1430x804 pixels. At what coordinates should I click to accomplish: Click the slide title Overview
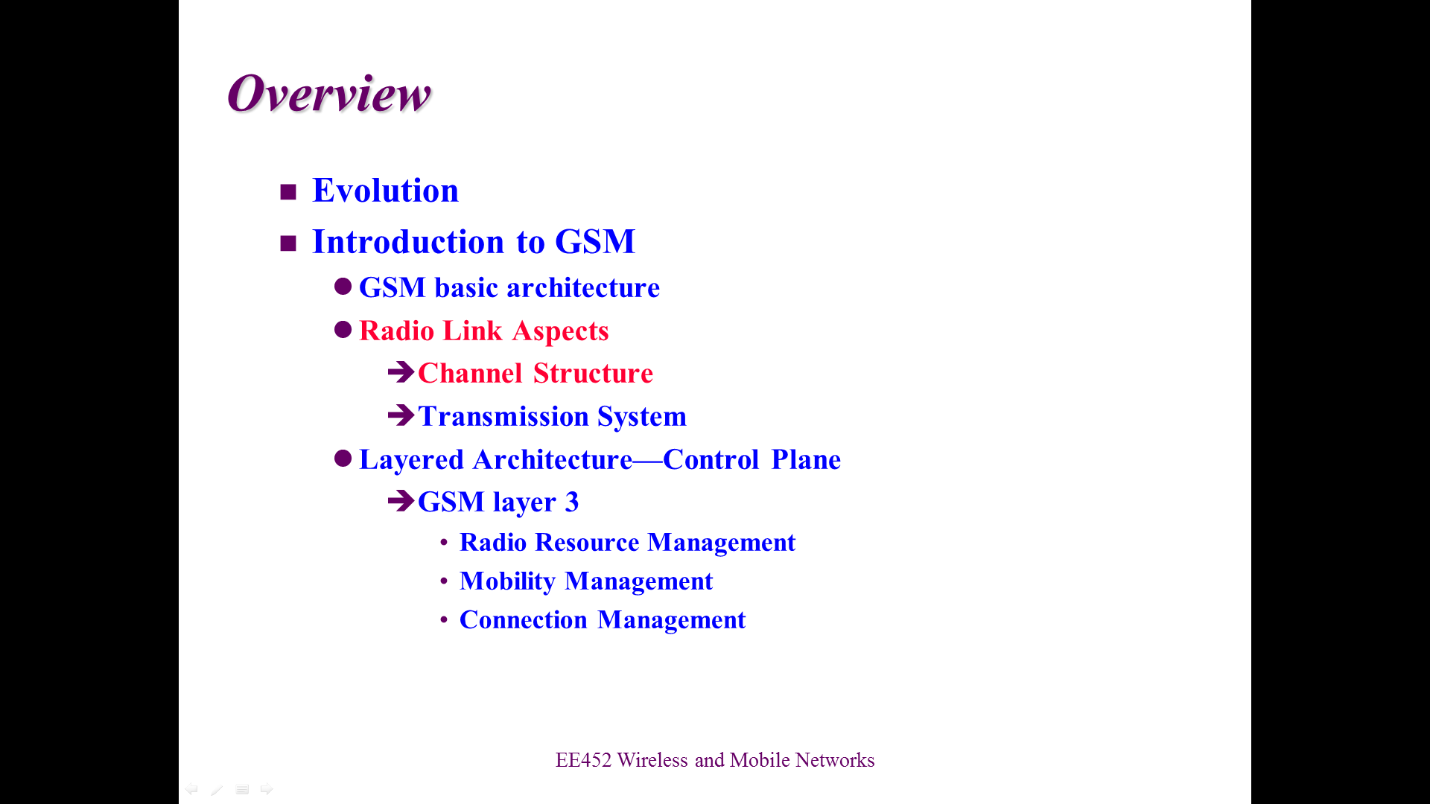(329, 94)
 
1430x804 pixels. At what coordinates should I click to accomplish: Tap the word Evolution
(385, 191)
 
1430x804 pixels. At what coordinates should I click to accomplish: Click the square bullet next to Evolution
(288, 192)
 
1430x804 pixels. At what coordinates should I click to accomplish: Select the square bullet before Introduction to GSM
(288, 243)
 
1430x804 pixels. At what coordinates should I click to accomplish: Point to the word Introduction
(408, 241)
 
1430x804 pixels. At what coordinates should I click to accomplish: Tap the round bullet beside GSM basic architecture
(343, 287)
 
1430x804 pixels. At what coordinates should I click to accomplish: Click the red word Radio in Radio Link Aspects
(396, 331)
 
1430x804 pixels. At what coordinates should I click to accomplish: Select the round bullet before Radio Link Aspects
(343, 330)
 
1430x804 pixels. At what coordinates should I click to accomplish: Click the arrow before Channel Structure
(401, 371)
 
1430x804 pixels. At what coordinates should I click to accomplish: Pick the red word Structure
(593, 374)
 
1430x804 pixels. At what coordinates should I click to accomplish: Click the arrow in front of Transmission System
(401, 415)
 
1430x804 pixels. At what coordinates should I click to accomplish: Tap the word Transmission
(503, 417)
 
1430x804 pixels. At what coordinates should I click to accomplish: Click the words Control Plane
(751, 460)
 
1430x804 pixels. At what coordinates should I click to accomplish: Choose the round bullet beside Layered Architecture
(343, 459)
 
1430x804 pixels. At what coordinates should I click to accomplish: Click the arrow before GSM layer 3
(401, 501)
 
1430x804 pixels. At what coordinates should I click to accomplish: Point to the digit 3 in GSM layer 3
(572, 502)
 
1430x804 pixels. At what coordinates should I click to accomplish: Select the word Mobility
(507, 581)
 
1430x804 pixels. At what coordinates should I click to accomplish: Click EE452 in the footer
(583, 760)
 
